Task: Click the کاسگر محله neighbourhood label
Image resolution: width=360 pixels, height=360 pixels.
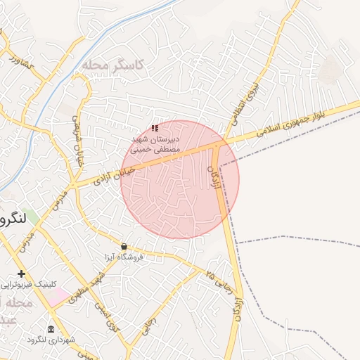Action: click(112, 65)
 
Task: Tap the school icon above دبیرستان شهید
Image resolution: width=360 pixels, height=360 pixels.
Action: click(155, 128)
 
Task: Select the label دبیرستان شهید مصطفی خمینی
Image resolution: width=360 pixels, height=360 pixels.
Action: click(155, 144)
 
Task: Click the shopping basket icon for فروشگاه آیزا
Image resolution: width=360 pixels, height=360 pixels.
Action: click(124, 247)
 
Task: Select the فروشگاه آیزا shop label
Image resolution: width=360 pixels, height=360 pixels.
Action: click(124, 257)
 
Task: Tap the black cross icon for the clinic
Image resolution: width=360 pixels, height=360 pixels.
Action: click(22, 274)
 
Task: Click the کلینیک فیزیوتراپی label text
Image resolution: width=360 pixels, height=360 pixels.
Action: click(27, 284)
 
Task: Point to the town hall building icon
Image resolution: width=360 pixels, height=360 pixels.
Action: click(50, 329)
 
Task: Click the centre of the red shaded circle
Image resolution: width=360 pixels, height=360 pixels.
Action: click(180, 179)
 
